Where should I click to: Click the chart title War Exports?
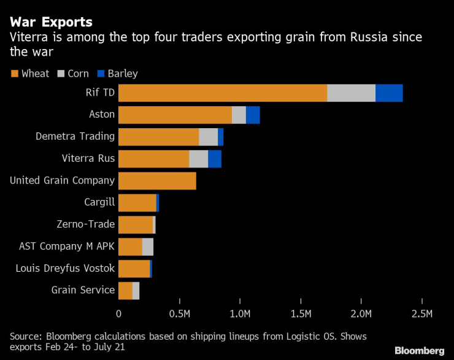[51, 21]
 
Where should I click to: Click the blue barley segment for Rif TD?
[389, 93]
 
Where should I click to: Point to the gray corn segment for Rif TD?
[351, 93]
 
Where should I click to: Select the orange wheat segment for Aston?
[175, 115]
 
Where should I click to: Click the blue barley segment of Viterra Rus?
[215, 159]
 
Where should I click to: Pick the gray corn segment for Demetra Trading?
[209, 137]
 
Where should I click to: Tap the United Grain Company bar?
[157, 181]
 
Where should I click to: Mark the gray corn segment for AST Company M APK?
[147, 247]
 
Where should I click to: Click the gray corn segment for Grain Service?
[136, 290]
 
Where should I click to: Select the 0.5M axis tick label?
[179, 315]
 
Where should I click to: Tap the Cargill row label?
[99, 202]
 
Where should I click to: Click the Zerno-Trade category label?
[85, 224]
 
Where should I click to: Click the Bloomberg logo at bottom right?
[419, 350]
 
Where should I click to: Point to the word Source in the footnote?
[25, 336]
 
